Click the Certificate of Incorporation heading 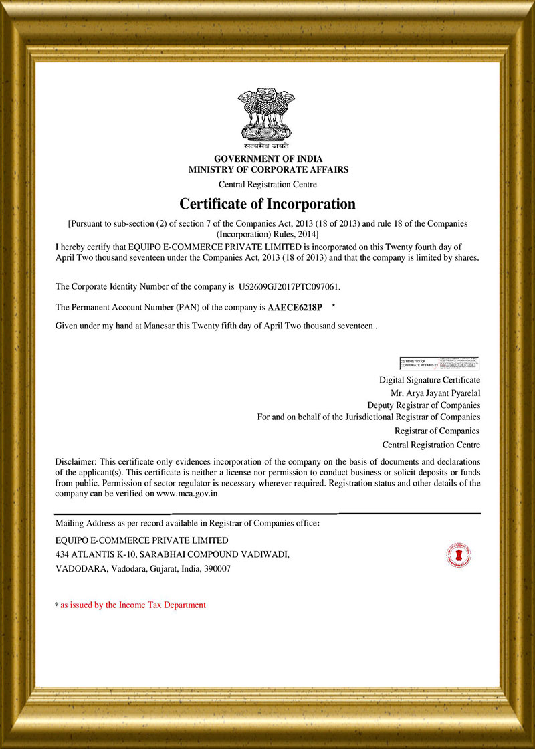click(267, 203)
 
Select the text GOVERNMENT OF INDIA click(267, 159)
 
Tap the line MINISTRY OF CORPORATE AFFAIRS click(267, 170)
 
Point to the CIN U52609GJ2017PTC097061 click(289, 287)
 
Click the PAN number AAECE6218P click(294, 308)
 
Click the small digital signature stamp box click(439, 364)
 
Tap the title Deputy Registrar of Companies click(423, 405)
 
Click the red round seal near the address click(458, 554)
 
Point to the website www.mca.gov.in click(187, 494)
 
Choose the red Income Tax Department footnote click(133, 605)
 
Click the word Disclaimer click(76, 461)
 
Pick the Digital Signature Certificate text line click(429, 380)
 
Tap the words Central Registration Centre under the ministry click(267, 184)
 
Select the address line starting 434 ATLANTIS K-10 click(173, 554)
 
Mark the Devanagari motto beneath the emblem click(266, 145)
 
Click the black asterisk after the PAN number click(333, 306)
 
